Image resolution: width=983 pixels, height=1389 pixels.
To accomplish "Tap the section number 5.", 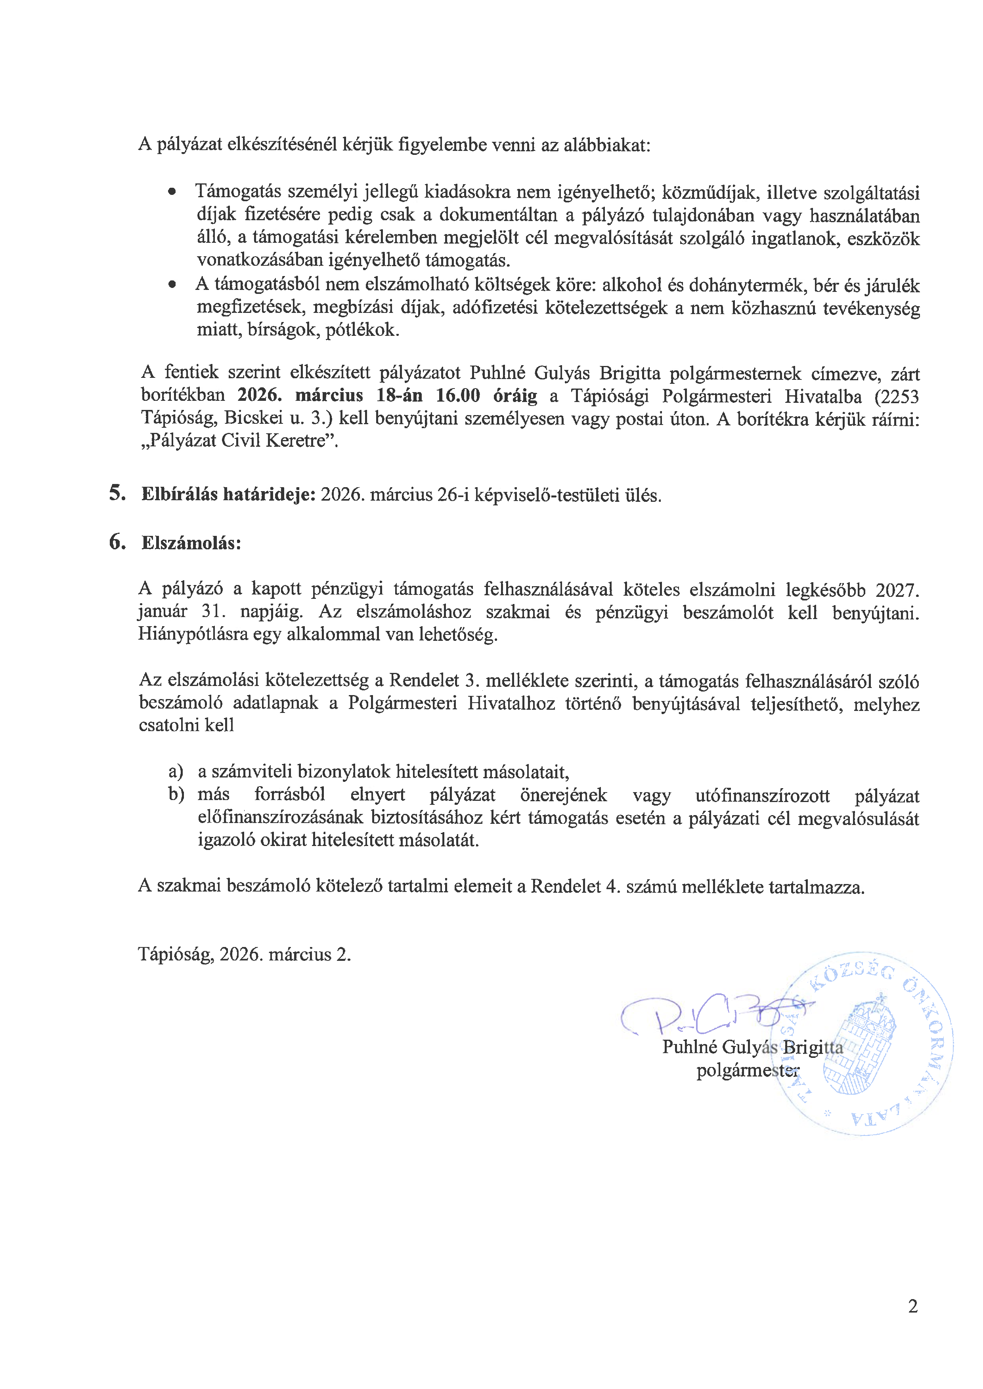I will pyautogui.click(x=117, y=493).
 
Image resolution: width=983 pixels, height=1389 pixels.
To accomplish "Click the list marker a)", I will pyautogui.click(x=176, y=771).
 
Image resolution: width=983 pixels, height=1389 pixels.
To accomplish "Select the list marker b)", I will pyautogui.click(x=176, y=795).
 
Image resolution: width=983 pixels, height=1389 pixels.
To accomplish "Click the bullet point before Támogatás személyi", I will pyautogui.click(x=173, y=192).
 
